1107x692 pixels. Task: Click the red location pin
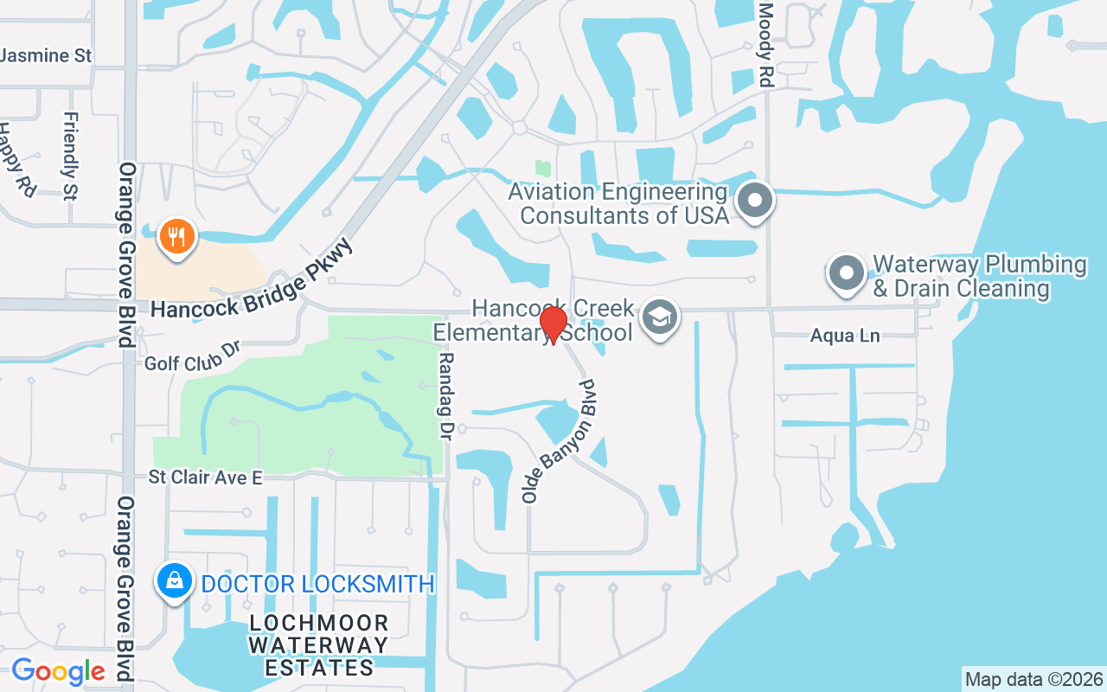[553, 324]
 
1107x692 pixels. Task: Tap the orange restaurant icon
[177, 235]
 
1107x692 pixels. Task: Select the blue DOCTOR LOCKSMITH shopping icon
[175, 581]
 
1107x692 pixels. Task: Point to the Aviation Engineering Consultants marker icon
[755, 201]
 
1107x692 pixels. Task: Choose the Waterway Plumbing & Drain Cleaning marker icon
[847, 273]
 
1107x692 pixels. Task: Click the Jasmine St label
[47, 55]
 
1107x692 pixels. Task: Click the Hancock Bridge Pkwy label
[253, 279]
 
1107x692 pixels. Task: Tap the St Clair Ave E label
[205, 477]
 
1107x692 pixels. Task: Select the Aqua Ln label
[845, 336]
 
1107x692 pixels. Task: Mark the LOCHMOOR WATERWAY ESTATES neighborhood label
[318, 645]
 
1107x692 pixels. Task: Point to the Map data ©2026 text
[1033, 679]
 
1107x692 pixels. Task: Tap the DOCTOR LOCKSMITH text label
[317, 584]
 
